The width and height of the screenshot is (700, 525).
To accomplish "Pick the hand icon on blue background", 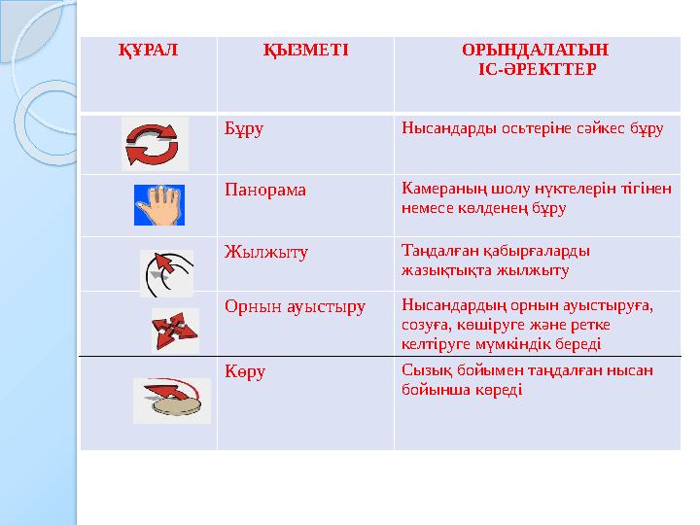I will (158, 204).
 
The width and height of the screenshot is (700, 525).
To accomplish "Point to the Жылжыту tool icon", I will (166, 272).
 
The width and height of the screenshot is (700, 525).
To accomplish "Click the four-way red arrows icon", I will (174, 331).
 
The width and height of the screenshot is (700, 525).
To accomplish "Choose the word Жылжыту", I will (265, 252).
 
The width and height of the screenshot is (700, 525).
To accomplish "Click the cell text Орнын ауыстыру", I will (295, 306).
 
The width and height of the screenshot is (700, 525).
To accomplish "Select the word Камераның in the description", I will (437, 189).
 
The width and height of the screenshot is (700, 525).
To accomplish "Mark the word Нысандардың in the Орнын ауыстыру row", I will (440, 306).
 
